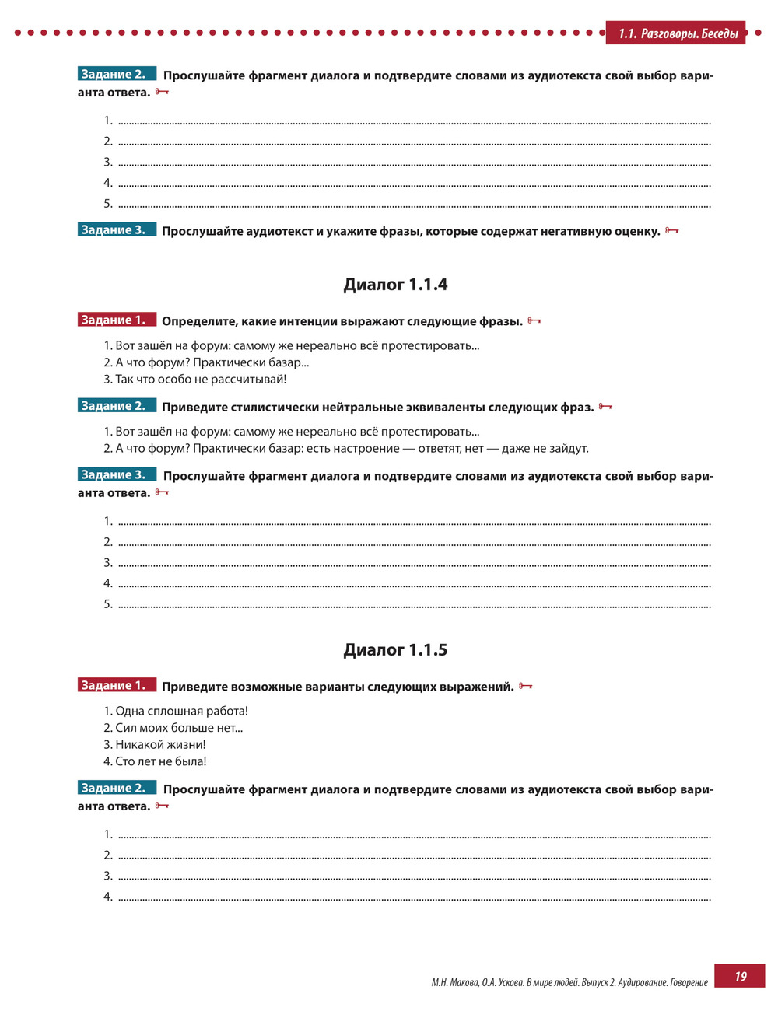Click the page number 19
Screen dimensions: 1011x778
[740, 976]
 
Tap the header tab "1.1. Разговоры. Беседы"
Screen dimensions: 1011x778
[678, 33]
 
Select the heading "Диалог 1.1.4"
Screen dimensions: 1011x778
[395, 285]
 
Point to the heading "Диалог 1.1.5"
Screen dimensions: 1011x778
[395, 650]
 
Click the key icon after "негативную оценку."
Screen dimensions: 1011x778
[672, 231]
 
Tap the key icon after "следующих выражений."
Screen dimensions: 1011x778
[526, 686]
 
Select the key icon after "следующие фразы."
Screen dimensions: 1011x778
[534, 320]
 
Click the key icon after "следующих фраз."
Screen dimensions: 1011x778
[605, 407]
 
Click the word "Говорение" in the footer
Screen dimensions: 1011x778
[687, 982]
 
